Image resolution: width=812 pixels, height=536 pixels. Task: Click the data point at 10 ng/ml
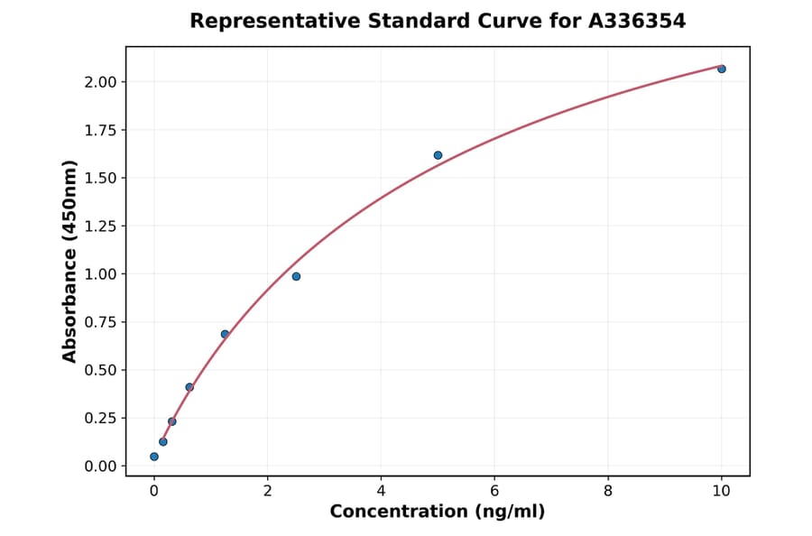722,69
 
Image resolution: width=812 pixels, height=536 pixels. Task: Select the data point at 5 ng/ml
438,155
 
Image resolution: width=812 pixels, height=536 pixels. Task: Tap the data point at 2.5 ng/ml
296,276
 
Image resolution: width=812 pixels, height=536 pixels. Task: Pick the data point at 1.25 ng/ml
225,334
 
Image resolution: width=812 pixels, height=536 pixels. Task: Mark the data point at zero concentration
154,457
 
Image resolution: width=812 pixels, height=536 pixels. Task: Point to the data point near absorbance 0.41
189,387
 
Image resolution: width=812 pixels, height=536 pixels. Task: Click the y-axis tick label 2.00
100,82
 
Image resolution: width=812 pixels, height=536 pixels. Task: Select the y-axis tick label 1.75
100,130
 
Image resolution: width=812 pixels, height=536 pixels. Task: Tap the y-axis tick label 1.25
100,226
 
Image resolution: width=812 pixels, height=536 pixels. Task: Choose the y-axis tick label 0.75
100,322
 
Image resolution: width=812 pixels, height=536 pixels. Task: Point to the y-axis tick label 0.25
100,418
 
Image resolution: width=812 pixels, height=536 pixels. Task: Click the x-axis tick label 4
381,492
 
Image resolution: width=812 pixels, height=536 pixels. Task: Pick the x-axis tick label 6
494,492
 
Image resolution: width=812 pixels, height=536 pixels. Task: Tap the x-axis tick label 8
608,492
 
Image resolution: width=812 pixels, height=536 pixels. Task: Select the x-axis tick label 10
722,492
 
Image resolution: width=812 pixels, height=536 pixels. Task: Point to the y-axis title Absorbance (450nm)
69,262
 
